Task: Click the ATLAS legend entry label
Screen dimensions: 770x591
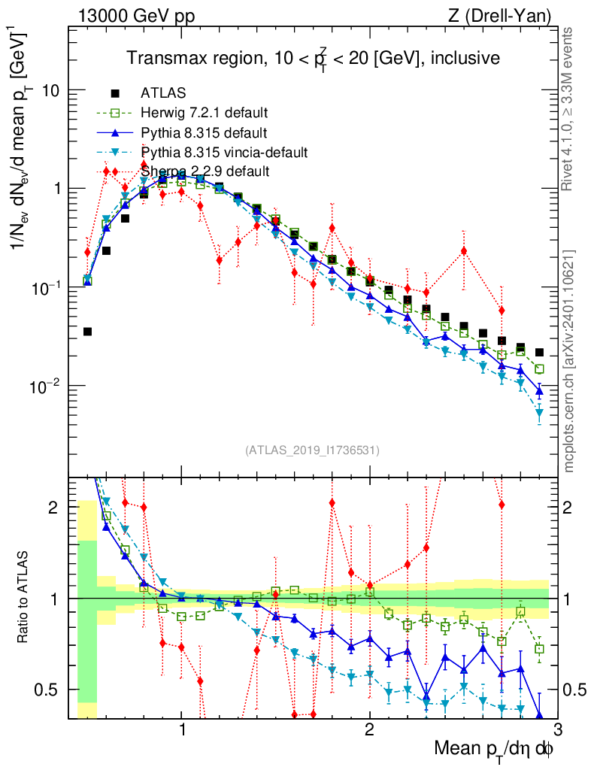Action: pyautogui.click(x=159, y=94)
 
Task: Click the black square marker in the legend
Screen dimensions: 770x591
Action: pyautogui.click(x=115, y=94)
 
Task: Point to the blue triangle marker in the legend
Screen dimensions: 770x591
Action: pyautogui.click(x=115, y=133)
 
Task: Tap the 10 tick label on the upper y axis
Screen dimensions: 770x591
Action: pyautogui.click(x=50, y=90)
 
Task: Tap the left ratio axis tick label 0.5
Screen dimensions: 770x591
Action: pyautogui.click(x=47, y=690)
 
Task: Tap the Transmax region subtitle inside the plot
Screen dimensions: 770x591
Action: pyautogui.click(x=312, y=58)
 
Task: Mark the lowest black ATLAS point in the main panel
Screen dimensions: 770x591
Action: pyautogui.click(x=88, y=331)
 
